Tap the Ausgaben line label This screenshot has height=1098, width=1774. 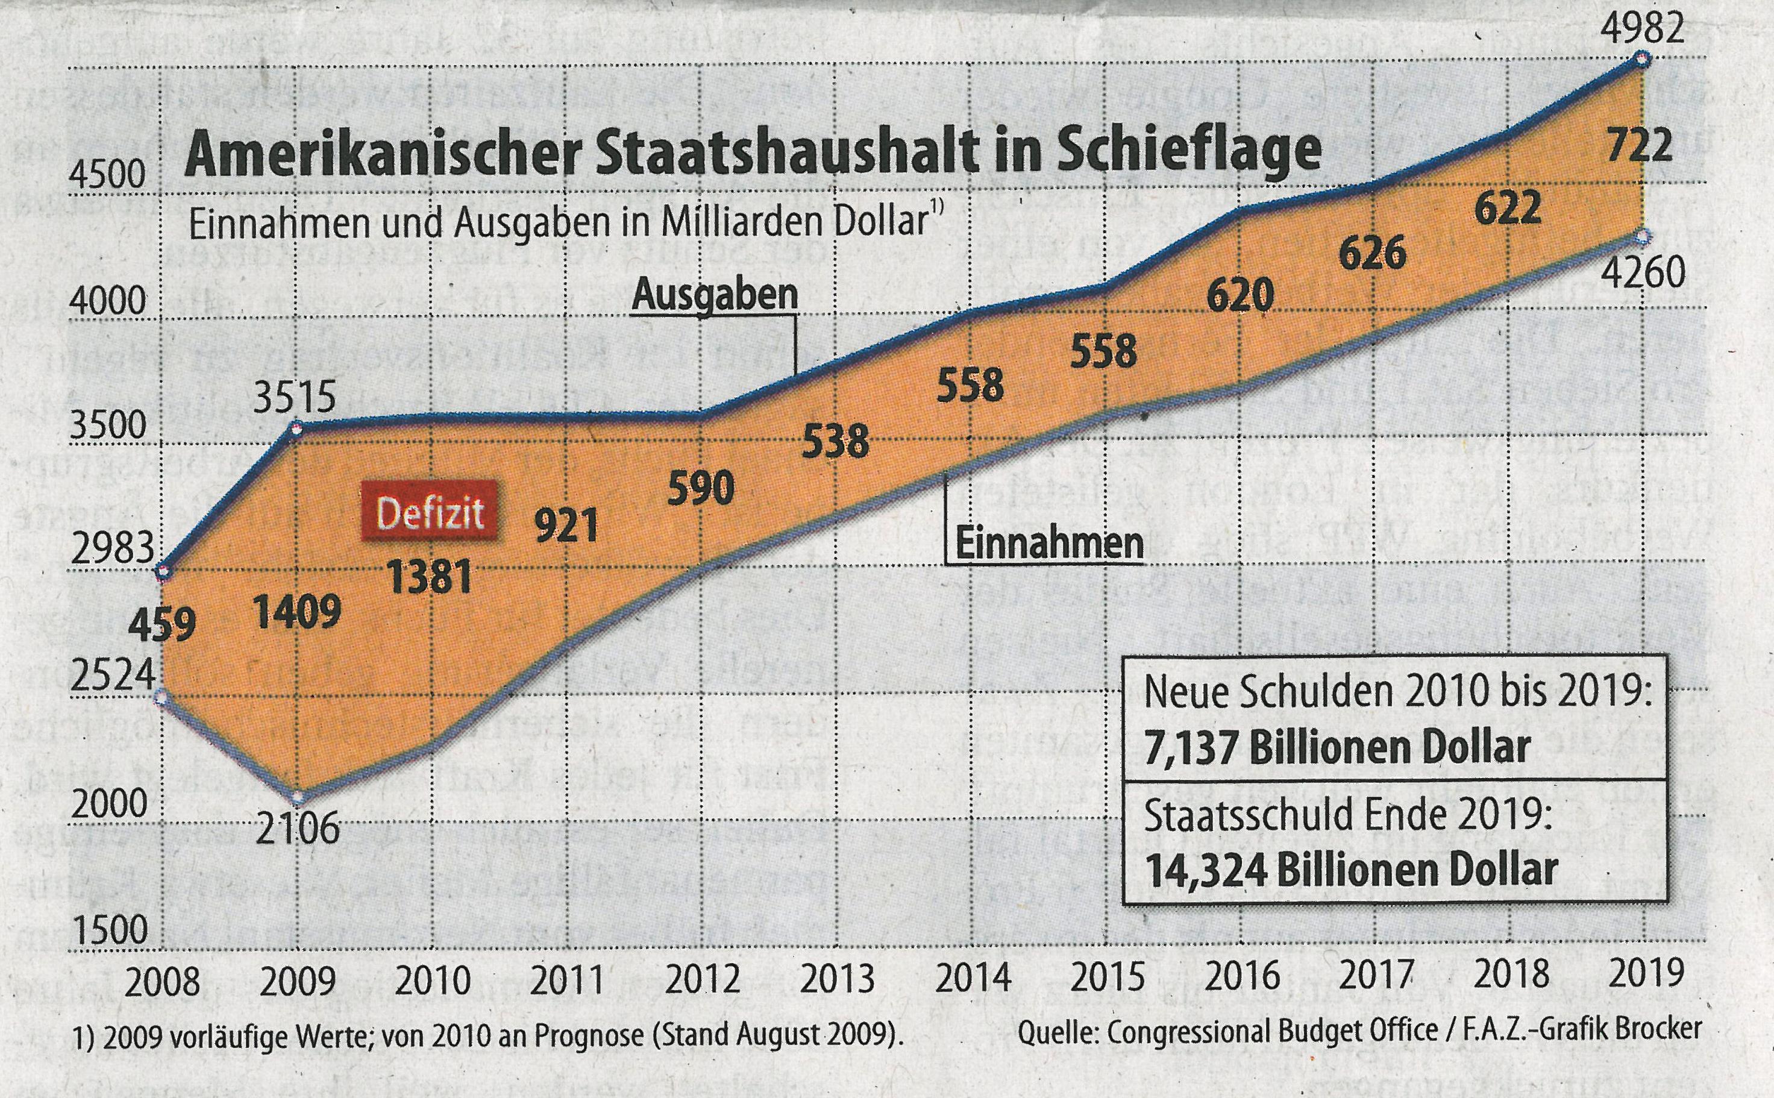tap(715, 295)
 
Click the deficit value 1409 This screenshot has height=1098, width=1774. tap(298, 612)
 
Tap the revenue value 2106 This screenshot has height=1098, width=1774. tap(298, 828)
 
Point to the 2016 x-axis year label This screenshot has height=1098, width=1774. tap(1240, 977)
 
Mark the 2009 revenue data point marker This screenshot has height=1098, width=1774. tap(297, 796)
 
